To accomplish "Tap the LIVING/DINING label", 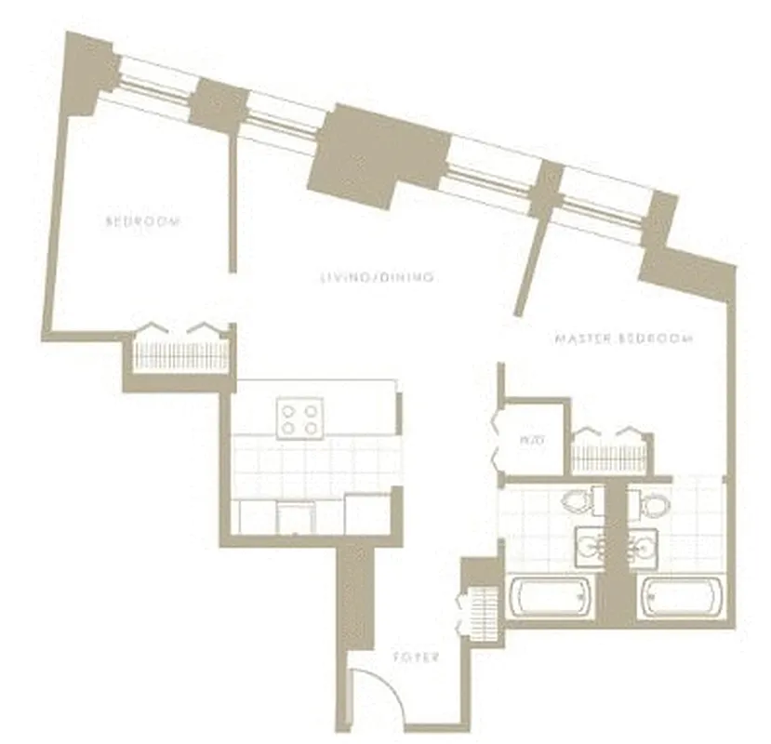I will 377,277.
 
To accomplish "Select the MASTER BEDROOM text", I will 623,339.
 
